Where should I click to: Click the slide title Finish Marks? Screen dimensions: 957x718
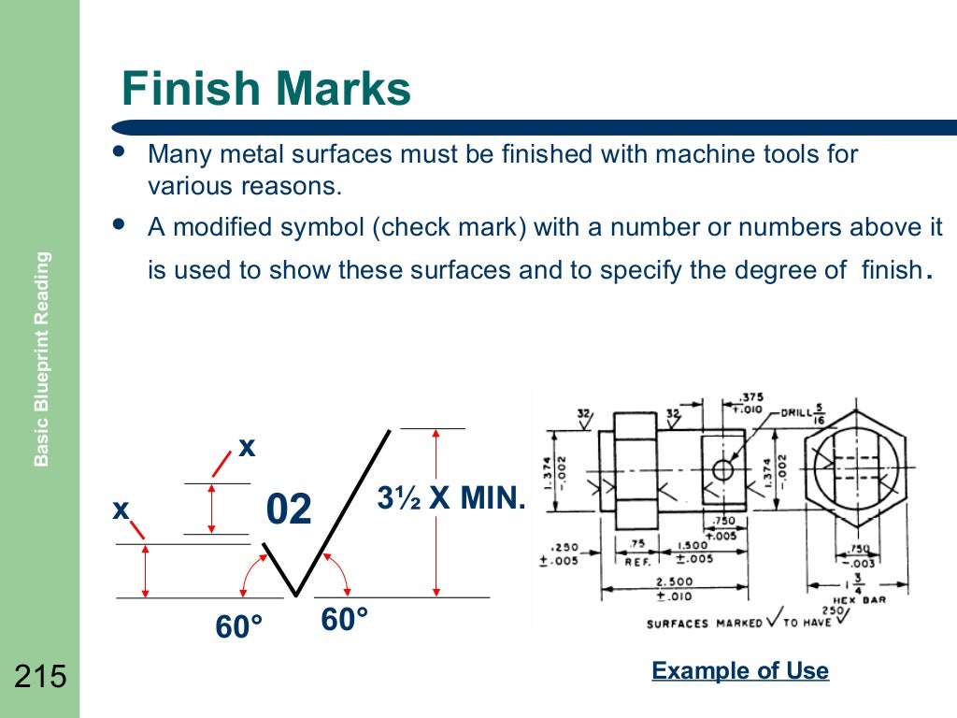tap(266, 91)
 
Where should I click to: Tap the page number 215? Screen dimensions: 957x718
tap(40, 676)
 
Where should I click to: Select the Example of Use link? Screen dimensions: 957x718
tap(739, 671)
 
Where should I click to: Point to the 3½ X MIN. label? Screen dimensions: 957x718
tap(451, 498)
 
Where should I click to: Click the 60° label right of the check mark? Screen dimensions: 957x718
tap(344, 619)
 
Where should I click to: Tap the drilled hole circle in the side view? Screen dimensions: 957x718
tap(721, 468)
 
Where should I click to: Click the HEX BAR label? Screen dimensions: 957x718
tap(859, 599)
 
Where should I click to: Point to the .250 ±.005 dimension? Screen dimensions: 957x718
tap(565, 553)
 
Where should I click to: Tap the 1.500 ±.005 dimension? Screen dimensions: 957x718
tap(693, 553)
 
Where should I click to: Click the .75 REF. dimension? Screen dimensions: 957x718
tap(640, 553)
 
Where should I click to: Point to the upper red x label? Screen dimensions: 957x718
tap(247, 448)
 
